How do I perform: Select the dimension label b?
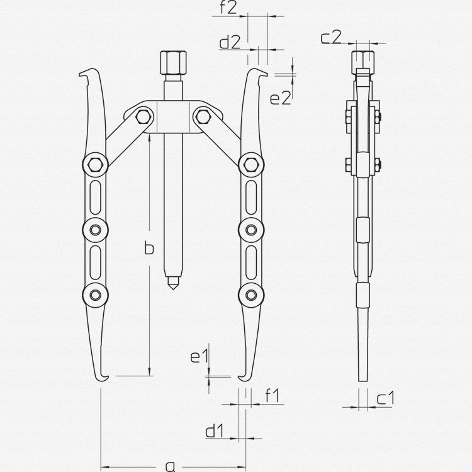(x=149, y=248)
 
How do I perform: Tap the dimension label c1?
(x=386, y=398)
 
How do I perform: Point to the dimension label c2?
(x=330, y=38)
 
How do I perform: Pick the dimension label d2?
(x=229, y=43)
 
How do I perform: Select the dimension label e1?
(x=199, y=357)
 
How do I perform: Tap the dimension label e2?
(x=279, y=98)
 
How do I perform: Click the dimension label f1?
(x=272, y=396)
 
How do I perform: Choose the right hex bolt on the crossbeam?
(x=202, y=115)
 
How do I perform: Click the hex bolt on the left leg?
(x=95, y=166)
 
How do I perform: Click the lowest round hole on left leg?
(x=95, y=294)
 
